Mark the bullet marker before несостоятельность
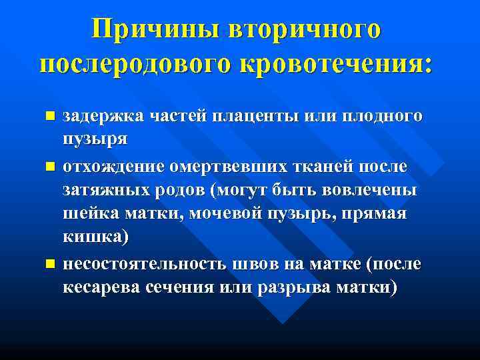(49, 265)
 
